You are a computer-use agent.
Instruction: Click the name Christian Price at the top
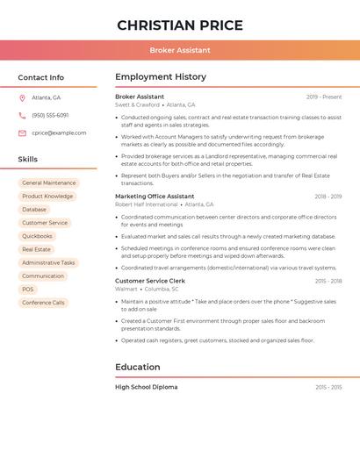[x=180, y=25]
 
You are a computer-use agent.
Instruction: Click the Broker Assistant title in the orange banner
[x=180, y=50]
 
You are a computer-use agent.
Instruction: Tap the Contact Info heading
[x=41, y=77]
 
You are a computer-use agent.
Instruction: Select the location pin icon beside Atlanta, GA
[x=22, y=97]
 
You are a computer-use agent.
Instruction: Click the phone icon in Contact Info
[x=22, y=115]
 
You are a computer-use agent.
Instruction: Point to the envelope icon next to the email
[x=22, y=132]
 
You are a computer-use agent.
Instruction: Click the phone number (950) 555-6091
[x=50, y=115]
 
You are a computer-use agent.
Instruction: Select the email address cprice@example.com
[x=59, y=132]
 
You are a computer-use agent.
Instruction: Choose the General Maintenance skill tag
[x=49, y=183]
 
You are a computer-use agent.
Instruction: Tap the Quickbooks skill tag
[x=37, y=236]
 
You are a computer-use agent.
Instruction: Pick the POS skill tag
[x=28, y=290]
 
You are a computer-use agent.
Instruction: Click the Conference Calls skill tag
[x=43, y=303]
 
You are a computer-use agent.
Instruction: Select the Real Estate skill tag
[x=37, y=249]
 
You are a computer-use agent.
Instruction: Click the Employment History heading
[x=161, y=77]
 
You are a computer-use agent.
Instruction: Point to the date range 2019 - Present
[x=324, y=97]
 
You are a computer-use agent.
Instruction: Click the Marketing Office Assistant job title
[x=155, y=197]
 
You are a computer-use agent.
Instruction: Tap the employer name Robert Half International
[x=146, y=204]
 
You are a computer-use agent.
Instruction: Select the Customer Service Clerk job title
[x=150, y=281]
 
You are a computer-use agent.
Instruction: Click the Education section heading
[x=138, y=367]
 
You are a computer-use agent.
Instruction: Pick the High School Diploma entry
[x=146, y=387]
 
